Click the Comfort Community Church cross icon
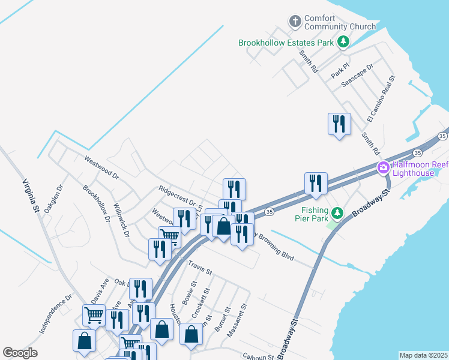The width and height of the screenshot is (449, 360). tap(295, 22)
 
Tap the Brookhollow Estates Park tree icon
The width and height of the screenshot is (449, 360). tap(343, 42)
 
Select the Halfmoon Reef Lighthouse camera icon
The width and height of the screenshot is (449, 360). tap(382, 169)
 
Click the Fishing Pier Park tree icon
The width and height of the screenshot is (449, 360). tap(338, 212)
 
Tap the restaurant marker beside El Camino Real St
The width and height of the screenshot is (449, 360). tap(339, 124)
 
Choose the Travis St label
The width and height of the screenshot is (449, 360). tap(200, 268)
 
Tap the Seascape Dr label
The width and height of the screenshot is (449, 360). tap(357, 76)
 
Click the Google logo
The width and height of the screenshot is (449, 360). tap(20, 353)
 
